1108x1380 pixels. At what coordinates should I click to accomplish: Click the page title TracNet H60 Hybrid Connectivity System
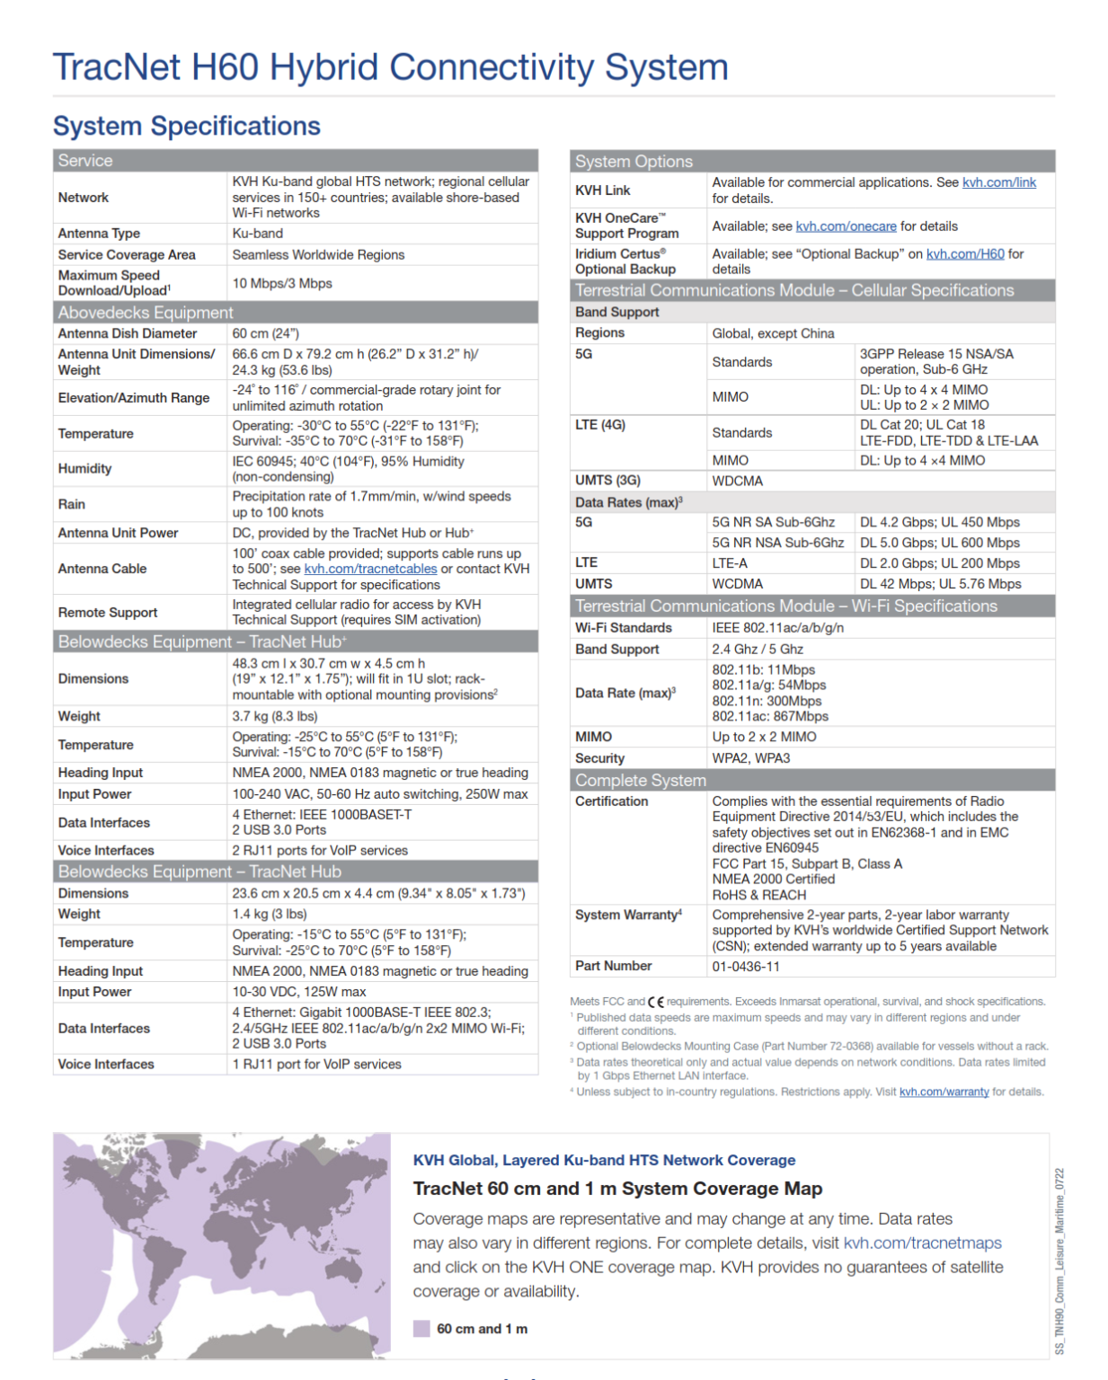(x=390, y=67)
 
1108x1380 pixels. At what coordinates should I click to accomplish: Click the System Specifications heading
(x=186, y=126)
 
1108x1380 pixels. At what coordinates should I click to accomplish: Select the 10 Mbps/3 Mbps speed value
(x=282, y=283)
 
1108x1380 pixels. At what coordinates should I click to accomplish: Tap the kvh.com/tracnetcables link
(x=370, y=569)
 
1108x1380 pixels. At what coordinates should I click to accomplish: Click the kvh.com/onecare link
(x=846, y=226)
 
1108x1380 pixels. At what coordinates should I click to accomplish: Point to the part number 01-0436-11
(x=746, y=967)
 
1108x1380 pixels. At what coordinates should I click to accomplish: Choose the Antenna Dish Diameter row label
(x=128, y=333)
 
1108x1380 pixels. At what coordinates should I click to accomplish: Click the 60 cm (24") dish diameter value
(x=266, y=333)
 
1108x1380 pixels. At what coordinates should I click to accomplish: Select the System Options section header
(x=634, y=162)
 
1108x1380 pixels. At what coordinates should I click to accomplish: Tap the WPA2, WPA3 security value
(x=751, y=758)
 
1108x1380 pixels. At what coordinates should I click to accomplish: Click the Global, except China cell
(x=773, y=333)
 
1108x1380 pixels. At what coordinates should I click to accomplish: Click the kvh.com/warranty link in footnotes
(x=944, y=1092)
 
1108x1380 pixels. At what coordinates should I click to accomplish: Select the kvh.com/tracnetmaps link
(x=922, y=1243)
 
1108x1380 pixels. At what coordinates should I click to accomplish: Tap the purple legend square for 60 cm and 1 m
(x=421, y=1329)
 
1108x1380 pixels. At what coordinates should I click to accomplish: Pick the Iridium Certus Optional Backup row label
(x=625, y=261)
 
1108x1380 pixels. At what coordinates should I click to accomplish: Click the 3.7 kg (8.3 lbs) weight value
(x=275, y=716)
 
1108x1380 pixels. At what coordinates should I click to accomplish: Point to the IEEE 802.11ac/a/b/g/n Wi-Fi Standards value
(x=777, y=628)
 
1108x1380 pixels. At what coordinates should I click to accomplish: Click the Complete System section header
(x=640, y=781)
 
